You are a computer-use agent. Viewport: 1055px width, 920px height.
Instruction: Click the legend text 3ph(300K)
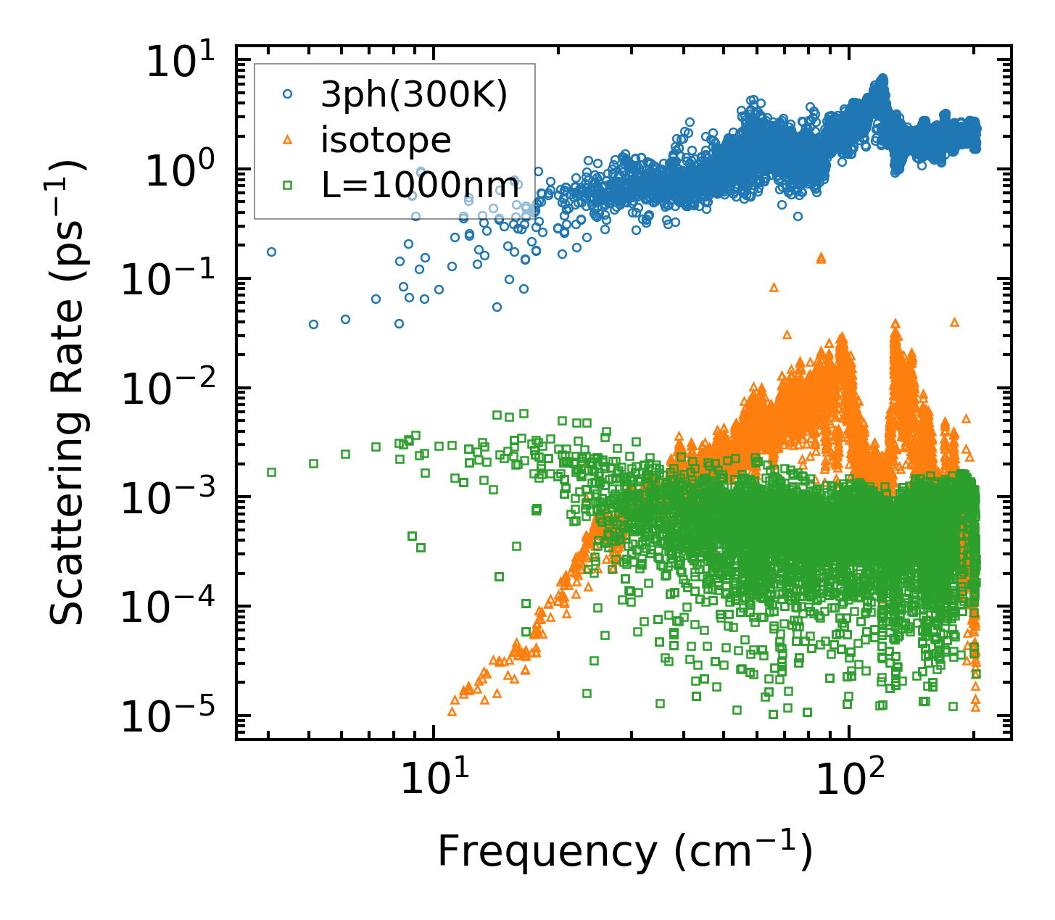tap(414, 95)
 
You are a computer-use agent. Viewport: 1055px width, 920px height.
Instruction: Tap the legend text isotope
tap(386, 140)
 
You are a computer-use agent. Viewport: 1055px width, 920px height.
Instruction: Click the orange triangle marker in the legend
tap(288, 140)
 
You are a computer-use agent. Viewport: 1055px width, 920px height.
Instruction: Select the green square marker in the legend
tap(288, 185)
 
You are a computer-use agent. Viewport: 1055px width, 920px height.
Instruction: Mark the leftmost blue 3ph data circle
tap(272, 252)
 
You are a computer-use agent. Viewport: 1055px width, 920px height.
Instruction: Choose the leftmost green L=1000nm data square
tap(272, 472)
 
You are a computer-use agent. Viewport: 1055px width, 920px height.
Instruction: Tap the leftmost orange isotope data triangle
tap(452, 711)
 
